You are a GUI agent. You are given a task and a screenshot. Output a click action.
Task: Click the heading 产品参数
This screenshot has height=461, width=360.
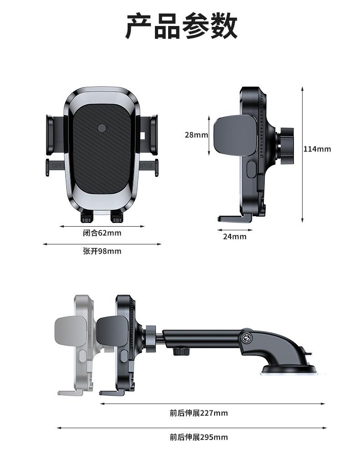click(x=181, y=26)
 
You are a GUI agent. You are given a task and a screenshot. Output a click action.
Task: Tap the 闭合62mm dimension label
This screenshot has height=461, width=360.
click(x=102, y=233)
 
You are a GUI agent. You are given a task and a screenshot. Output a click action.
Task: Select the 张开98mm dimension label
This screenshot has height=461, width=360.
click(x=102, y=251)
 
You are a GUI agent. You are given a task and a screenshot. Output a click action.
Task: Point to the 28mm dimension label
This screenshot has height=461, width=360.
click(x=196, y=135)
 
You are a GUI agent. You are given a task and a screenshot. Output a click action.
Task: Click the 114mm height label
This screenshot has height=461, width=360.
click(x=317, y=149)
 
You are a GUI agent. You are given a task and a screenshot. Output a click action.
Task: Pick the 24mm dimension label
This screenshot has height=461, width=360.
click(x=235, y=236)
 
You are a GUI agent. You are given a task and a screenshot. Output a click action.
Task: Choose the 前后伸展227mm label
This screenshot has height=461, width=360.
click(x=198, y=413)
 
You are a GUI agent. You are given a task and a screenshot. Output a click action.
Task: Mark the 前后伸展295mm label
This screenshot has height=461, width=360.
click(x=198, y=437)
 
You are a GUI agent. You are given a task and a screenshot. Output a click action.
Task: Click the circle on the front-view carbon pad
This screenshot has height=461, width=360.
click(x=102, y=129)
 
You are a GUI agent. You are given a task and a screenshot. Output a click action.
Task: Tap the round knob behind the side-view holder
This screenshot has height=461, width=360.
click(x=286, y=146)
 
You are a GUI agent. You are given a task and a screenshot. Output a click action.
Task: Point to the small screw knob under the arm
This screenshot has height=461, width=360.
click(x=181, y=352)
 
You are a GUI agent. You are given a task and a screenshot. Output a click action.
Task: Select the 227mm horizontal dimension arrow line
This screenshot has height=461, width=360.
click(x=212, y=403)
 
